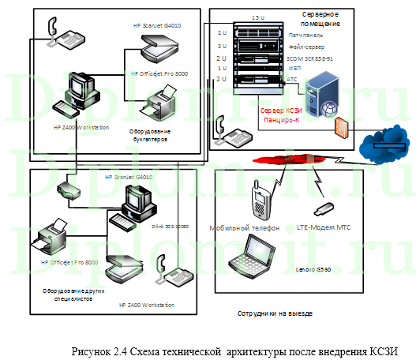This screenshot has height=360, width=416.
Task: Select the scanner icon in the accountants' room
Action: pyautogui.click(x=152, y=51)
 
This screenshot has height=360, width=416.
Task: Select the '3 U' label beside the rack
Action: pyautogui.click(x=222, y=47)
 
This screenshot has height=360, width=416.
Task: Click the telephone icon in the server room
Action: pyautogui.click(x=226, y=127)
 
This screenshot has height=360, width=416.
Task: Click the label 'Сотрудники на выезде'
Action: pyautogui.click(x=275, y=313)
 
